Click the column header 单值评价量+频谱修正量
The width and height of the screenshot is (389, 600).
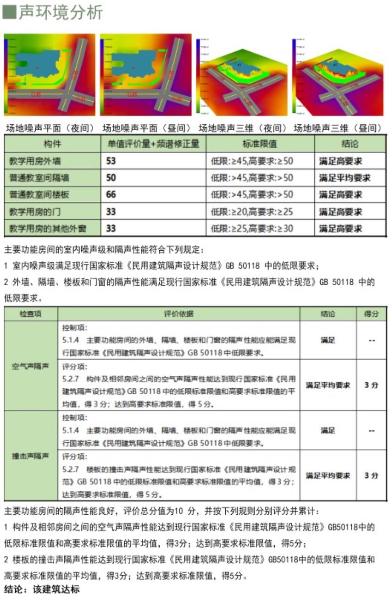153,144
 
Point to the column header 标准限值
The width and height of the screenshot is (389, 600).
260,144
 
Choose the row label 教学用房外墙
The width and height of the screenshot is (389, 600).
35,161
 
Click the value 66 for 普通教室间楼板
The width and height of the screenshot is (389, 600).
111,195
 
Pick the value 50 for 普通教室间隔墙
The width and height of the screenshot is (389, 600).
111,178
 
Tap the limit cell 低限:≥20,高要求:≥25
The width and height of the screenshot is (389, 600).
252,212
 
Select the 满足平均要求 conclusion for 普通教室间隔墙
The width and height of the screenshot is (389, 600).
345,178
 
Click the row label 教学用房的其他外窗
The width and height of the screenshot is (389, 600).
48,228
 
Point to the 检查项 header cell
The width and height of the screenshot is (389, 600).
30,314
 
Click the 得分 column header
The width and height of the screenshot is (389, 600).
371,314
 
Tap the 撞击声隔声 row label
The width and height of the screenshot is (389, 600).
30,456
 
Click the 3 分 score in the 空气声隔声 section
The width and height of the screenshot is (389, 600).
371,385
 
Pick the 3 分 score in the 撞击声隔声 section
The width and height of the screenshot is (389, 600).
371,475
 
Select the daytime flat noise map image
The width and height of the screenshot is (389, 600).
146,74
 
